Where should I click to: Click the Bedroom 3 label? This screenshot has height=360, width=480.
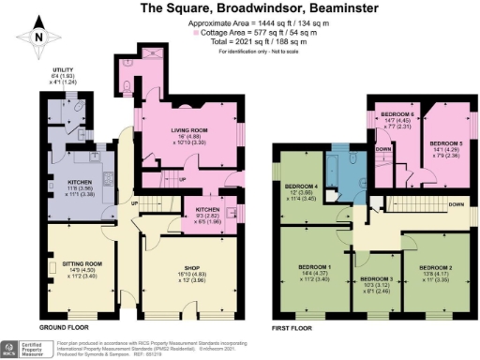coord(375,284)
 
